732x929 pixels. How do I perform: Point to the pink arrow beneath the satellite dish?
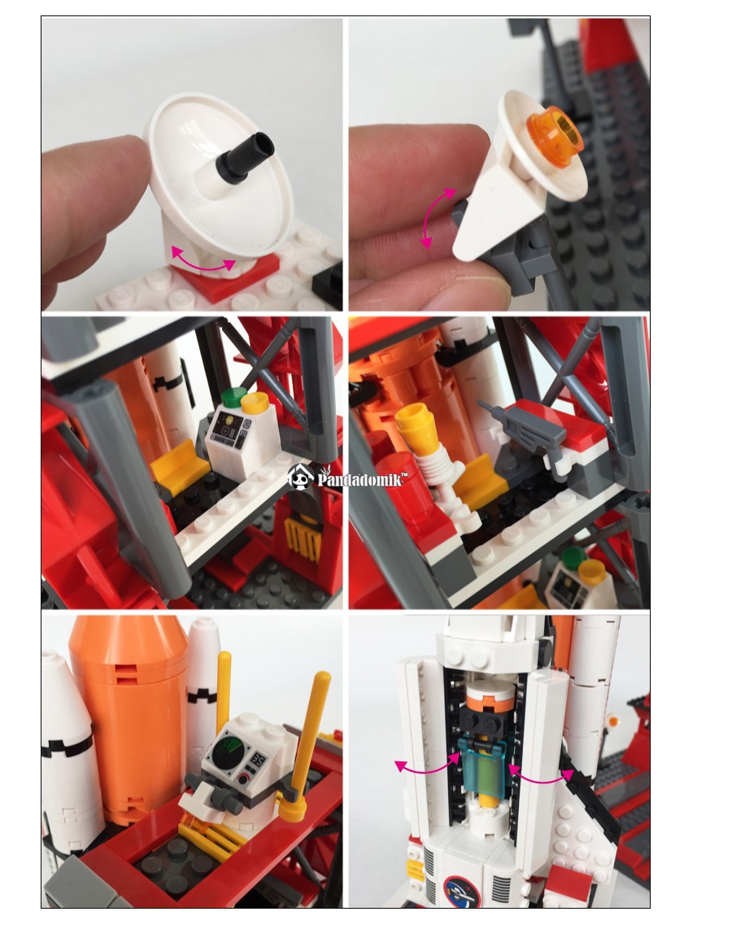pos(203,263)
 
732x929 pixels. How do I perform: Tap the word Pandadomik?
pos(362,478)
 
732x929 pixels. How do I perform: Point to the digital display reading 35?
pos(258,759)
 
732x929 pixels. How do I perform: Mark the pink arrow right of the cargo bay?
pos(541,775)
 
